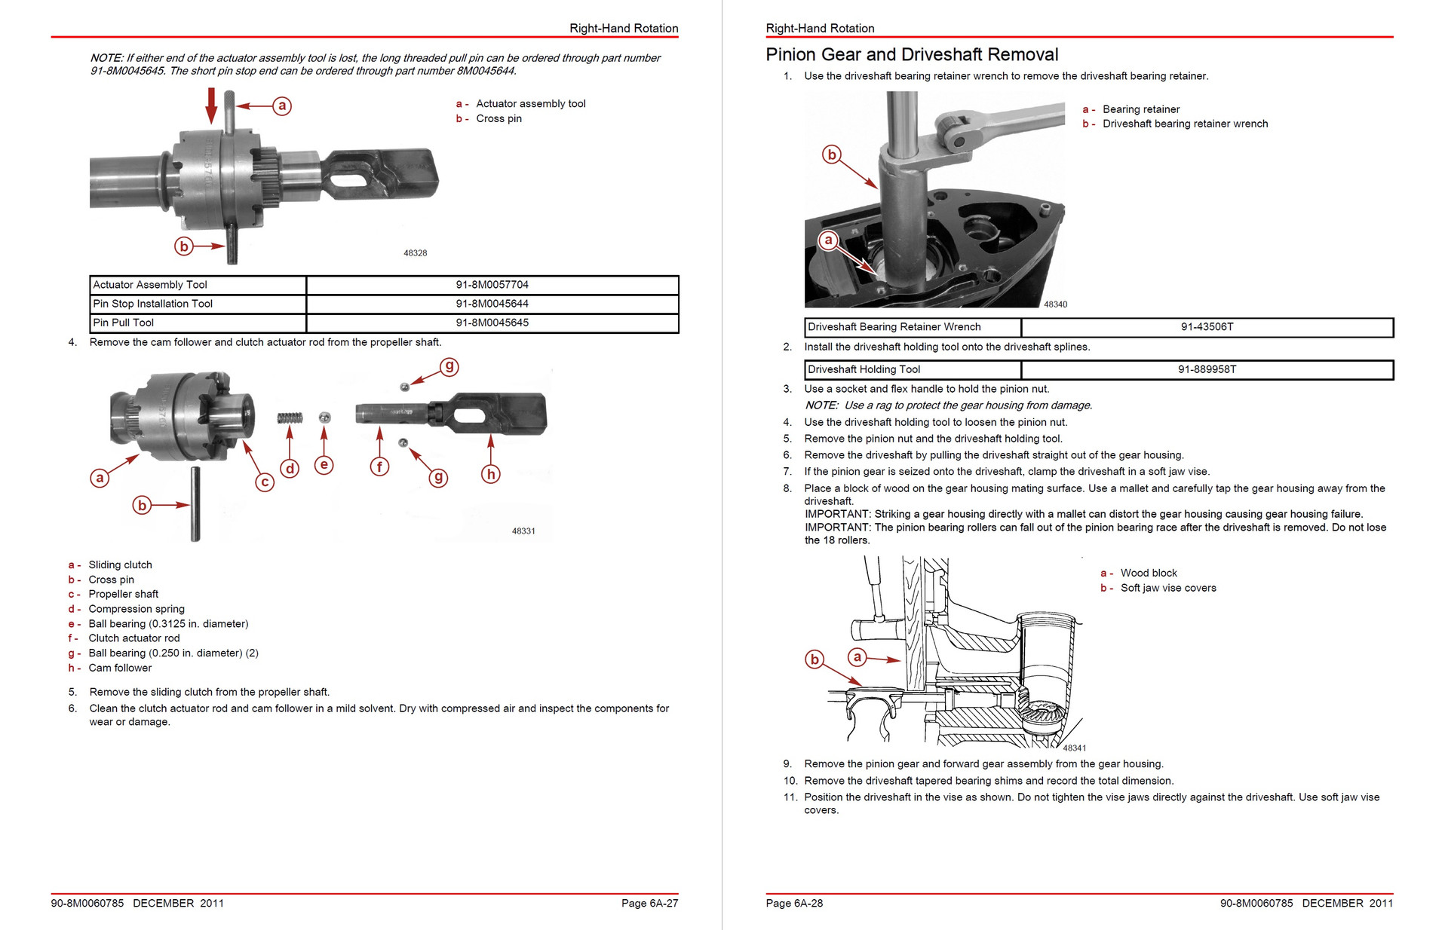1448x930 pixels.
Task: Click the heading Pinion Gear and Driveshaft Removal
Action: coord(912,55)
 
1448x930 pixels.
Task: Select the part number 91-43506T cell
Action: coord(1207,327)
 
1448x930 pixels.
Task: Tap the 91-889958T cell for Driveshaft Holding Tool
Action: coord(1207,369)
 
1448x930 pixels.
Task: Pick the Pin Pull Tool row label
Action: coord(123,323)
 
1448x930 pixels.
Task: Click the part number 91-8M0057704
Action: coord(492,285)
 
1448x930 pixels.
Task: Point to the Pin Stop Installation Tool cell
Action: coord(152,304)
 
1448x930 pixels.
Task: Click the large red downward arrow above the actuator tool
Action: coord(212,106)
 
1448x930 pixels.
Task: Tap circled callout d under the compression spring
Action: coord(290,469)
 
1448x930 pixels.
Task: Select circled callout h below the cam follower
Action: coord(491,474)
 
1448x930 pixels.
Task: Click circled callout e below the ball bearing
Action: coord(324,465)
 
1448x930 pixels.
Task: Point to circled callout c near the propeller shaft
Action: coord(264,482)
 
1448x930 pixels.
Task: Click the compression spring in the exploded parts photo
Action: coord(290,418)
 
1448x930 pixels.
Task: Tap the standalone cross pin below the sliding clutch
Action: coord(195,503)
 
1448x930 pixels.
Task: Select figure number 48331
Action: coord(523,531)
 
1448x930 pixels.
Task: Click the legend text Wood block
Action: coord(1148,573)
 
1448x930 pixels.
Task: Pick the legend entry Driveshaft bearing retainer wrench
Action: coord(1185,124)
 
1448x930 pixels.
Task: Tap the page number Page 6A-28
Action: coord(794,903)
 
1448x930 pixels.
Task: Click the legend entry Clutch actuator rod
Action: coord(133,638)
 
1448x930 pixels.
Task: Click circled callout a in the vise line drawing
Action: coord(857,656)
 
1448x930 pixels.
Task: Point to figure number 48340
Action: coord(1055,304)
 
